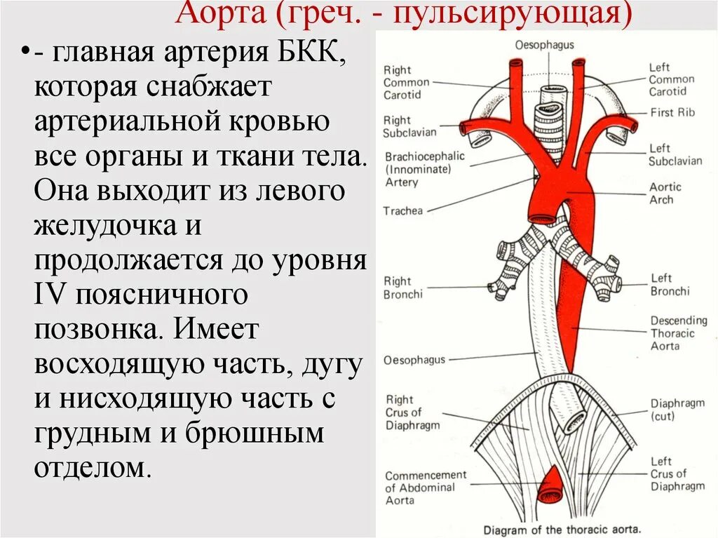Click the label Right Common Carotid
(x=406, y=82)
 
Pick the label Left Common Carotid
(x=671, y=79)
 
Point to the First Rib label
(x=672, y=112)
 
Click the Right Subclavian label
(x=409, y=126)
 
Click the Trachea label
(x=402, y=210)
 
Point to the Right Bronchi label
(x=402, y=288)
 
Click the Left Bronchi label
(x=670, y=285)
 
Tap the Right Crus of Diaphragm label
(x=412, y=412)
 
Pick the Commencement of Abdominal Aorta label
(x=425, y=487)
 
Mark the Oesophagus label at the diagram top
(x=545, y=45)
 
